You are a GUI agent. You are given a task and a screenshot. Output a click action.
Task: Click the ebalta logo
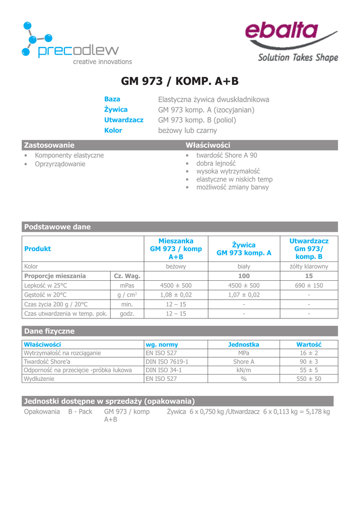click(291, 42)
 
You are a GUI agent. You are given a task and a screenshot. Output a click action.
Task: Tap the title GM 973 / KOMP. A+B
click(180, 81)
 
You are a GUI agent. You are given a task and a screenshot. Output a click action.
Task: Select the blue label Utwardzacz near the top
click(124, 120)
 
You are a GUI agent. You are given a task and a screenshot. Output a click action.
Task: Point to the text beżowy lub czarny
click(187, 130)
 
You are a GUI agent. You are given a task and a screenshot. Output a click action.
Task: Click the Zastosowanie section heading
click(49, 145)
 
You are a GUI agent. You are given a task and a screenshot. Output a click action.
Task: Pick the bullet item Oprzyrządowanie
click(60, 164)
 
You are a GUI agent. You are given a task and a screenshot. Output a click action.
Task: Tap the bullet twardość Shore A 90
click(226, 155)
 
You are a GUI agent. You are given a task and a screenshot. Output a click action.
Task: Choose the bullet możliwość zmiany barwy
click(232, 187)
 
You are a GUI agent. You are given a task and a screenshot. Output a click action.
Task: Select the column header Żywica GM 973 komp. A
click(244, 249)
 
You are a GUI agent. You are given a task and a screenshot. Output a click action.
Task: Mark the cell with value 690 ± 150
click(309, 285)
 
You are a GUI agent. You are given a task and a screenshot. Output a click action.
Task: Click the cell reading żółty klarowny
click(309, 266)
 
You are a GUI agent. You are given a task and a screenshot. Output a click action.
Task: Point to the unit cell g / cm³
click(127, 295)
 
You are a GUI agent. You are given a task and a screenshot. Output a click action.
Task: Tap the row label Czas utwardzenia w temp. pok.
click(66, 314)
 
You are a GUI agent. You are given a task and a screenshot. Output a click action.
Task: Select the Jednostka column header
click(243, 344)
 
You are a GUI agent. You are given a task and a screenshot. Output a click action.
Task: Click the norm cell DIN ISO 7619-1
click(167, 362)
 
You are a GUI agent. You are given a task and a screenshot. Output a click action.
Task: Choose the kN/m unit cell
click(243, 370)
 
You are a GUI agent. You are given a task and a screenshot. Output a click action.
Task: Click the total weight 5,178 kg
click(315, 412)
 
